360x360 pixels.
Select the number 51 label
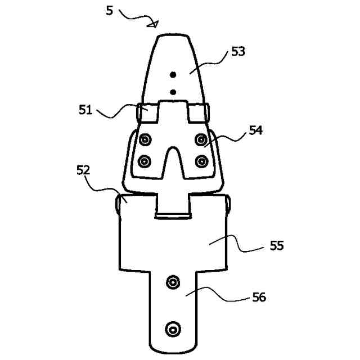pyautogui.click(x=85, y=110)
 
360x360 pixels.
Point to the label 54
pyautogui.click(x=256, y=131)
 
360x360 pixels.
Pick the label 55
pyautogui.click(x=277, y=246)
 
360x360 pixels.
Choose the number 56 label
pyautogui.click(x=259, y=297)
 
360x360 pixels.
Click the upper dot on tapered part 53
pyautogui.click(x=173, y=75)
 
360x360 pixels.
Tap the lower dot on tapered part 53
pyautogui.click(x=173, y=92)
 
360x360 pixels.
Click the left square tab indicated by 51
pyautogui.click(x=147, y=114)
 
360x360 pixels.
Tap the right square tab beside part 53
pyautogui.click(x=199, y=114)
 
